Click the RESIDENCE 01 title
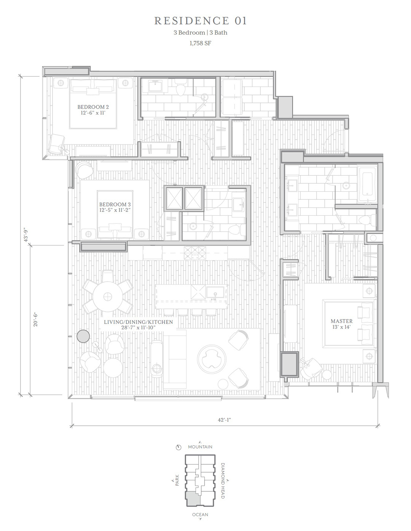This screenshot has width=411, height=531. [x=201, y=21]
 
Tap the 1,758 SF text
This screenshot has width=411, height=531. [x=200, y=43]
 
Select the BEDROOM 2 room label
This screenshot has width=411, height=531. [x=93, y=107]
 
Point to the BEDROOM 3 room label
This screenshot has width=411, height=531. [x=115, y=204]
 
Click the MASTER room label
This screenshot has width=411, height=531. [x=341, y=321]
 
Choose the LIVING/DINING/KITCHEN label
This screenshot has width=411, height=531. [x=138, y=322]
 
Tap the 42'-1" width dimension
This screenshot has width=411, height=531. [x=224, y=420]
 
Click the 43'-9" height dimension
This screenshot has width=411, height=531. [x=25, y=235]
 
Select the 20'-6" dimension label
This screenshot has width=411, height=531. [x=35, y=319]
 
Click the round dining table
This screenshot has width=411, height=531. [x=107, y=297]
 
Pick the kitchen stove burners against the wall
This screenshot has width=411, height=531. [x=195, y=253]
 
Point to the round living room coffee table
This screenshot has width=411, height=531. [x=212, y=359]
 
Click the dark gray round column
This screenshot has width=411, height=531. [x=83, y=336]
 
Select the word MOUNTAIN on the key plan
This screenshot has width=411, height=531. [x=200, y=447]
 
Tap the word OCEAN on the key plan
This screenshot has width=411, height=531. [x=200, y=515]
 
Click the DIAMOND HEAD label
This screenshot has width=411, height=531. [x=223, y=481]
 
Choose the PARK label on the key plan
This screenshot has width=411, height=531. [x=177, y=480]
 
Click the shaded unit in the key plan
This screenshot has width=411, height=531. [x=193, y=499]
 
